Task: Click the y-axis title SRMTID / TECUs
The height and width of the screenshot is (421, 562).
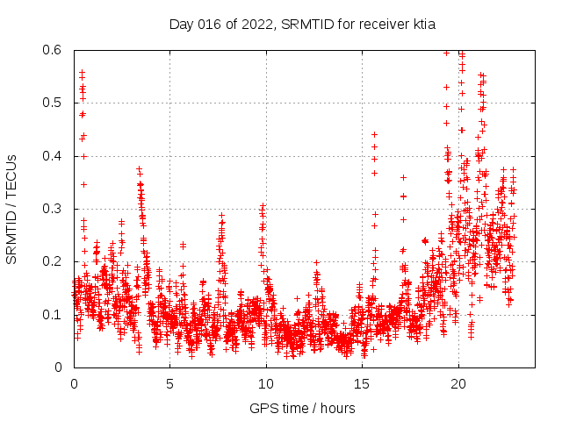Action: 11,209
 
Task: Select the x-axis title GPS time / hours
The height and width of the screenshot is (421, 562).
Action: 302,408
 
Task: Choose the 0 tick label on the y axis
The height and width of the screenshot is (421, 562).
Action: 57,367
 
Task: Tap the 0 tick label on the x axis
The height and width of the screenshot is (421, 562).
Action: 74,383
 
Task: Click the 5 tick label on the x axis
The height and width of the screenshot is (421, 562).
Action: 169,383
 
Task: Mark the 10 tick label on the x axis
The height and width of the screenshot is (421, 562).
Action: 266,383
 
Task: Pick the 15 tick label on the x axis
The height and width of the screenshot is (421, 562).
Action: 362,383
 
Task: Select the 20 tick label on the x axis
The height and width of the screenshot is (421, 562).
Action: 458,383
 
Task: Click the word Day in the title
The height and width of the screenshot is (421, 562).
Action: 181,25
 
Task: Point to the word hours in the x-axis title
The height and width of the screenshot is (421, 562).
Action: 338,408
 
